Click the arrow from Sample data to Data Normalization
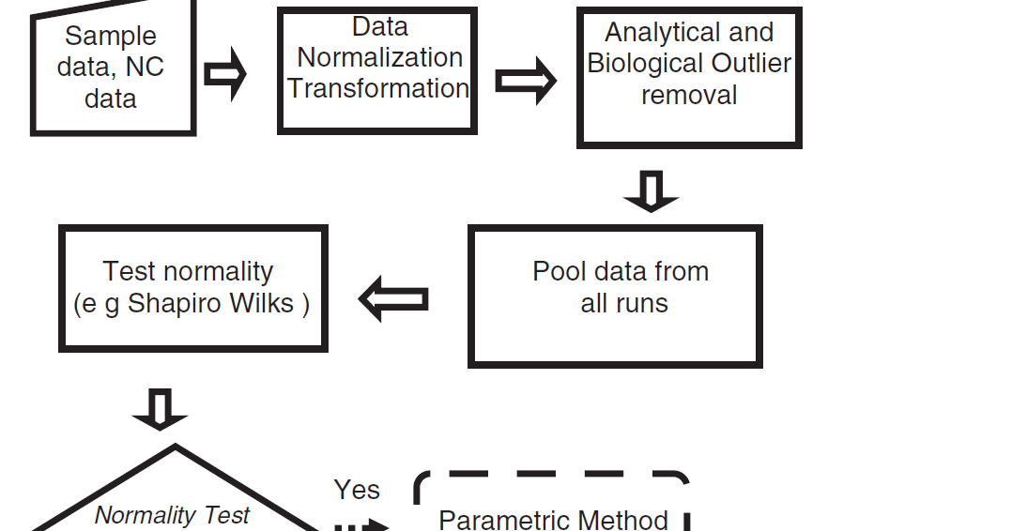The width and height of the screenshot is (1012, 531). (225, 74)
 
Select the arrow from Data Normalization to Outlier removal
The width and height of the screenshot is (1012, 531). (525, 82)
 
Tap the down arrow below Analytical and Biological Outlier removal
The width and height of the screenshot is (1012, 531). (651, 190)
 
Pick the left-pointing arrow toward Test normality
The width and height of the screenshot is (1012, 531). (394, 298)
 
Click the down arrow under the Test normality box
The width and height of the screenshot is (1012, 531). (161, 409)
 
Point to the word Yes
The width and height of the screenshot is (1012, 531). (357, 490)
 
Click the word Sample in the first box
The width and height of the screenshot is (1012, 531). (111, 37)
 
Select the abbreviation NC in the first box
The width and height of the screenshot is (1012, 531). (145, 68)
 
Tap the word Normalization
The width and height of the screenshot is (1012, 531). (379, 57)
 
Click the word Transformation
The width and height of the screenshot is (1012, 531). (378, 88)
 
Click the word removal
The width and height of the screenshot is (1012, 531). (689, 95)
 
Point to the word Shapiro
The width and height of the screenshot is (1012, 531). (176, 304)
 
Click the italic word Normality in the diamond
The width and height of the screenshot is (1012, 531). (139, 515)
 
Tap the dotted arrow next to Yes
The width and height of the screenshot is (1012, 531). (361, 525)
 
